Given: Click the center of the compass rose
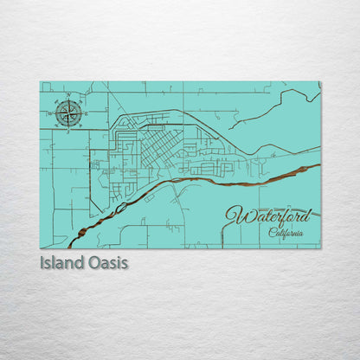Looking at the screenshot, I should (70, 113).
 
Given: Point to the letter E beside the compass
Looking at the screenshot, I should (85, 113).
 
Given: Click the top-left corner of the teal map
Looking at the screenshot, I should (41, 82).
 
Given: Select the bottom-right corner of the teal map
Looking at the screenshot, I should (320, 247).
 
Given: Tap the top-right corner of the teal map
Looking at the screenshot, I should (320, 82).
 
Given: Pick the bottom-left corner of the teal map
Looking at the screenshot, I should (41, 247).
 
